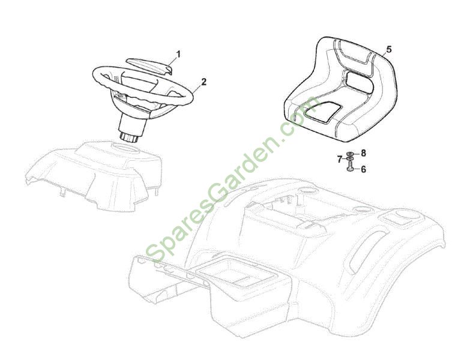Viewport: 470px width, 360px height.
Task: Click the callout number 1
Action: [178, 54]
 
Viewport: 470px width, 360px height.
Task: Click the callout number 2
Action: [204, 82]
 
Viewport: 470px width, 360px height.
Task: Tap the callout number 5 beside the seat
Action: [389, 49]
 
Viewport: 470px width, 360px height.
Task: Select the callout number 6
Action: [363, 170]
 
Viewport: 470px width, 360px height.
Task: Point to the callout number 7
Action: [340, 160]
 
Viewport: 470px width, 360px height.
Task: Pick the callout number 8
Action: [363, 154]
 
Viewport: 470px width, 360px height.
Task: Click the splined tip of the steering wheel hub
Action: [129, 138]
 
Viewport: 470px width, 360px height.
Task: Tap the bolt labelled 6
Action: [350, 166]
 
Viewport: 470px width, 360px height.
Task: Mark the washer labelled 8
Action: [350, 154]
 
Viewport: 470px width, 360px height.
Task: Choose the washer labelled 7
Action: [350, 158]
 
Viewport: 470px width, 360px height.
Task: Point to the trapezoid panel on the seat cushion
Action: [322, 112]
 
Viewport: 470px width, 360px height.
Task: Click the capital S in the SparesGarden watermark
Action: [155, 253]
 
